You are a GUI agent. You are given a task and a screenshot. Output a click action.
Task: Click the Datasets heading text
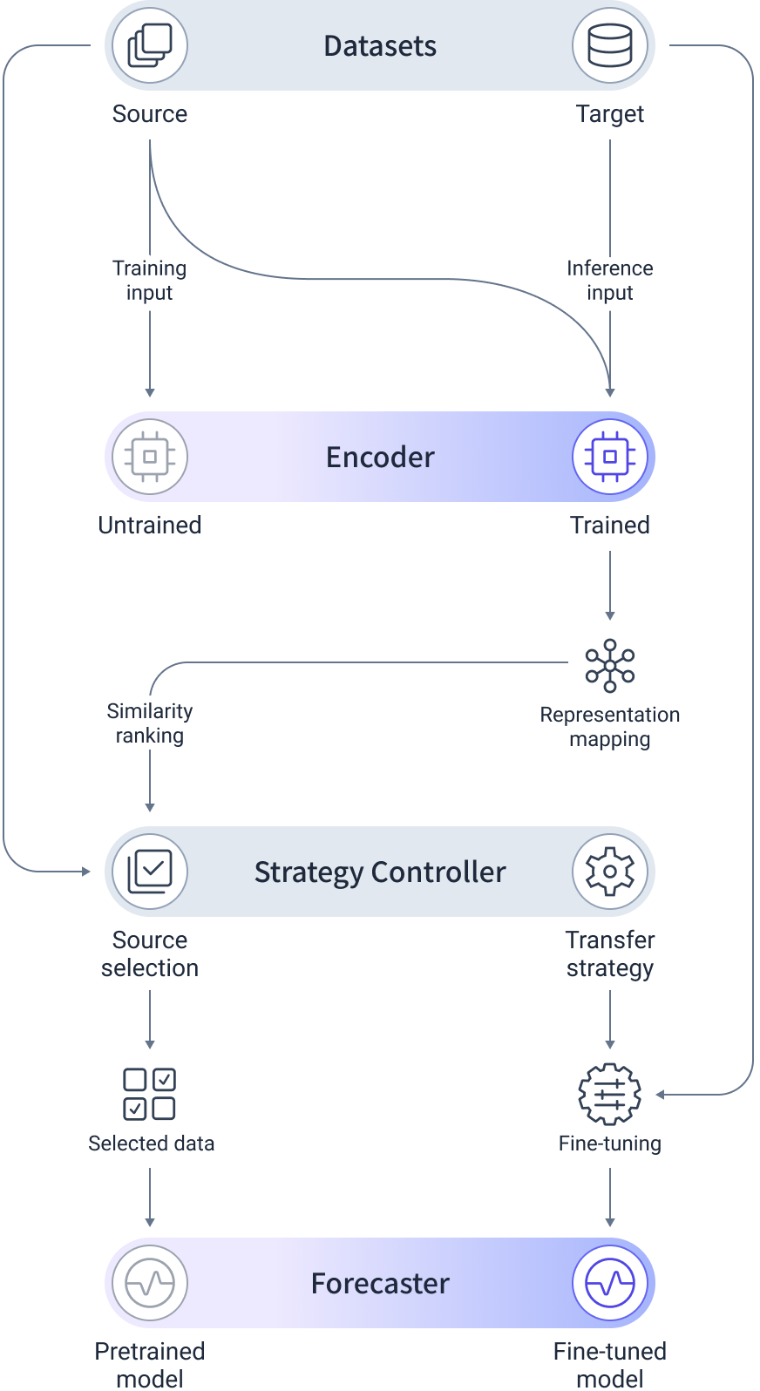(380, 46)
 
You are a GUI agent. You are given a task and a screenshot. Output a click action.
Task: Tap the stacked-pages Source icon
(150, 45)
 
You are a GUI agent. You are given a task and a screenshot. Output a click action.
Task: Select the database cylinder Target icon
(610, 45)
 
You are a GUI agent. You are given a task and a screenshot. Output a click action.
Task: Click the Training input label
(150, 280)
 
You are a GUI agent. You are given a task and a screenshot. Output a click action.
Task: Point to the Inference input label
(610, 280)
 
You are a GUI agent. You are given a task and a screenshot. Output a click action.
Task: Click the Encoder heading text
(380, 458)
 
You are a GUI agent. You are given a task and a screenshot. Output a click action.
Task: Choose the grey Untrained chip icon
(150, 457)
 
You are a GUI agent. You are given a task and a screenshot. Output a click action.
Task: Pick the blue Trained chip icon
(610, 457)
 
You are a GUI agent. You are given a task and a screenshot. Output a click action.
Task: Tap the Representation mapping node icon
(610, 666)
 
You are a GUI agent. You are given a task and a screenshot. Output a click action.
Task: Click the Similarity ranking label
(150, 723)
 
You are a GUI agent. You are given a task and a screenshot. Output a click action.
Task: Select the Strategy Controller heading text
(380, 872)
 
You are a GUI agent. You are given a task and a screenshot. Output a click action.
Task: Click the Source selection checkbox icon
(150, 872)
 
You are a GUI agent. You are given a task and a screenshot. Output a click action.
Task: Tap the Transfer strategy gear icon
(610, 872)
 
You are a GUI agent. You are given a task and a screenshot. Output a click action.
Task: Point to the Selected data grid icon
(150, 1094)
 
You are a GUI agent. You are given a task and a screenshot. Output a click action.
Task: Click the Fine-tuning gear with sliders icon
(610, 1094)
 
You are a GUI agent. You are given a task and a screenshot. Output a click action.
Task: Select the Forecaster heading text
(380, 1284)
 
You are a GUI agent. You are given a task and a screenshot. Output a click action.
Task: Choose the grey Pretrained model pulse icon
(150, 1283)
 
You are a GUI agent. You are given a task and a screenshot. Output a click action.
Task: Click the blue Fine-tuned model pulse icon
(610, 1283)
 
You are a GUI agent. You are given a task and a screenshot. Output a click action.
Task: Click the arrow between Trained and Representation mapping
(610, 585)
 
